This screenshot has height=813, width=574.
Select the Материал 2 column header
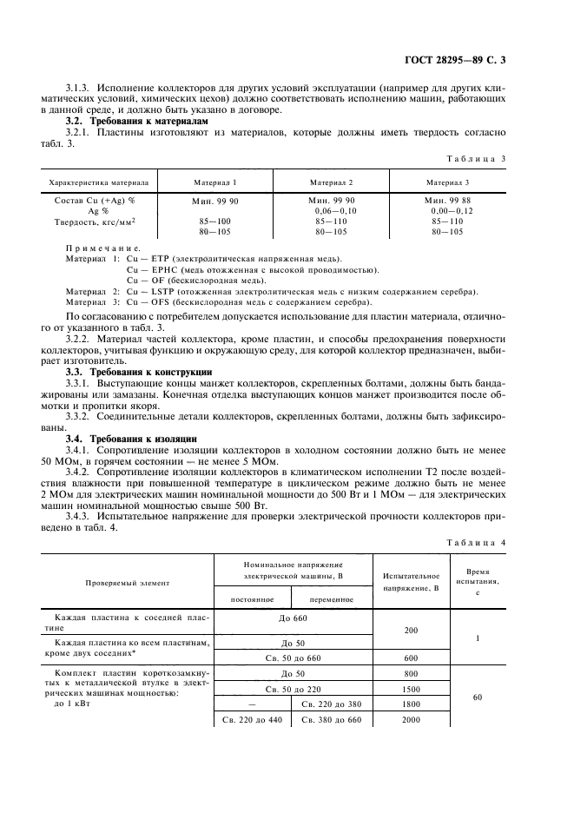point(332,182)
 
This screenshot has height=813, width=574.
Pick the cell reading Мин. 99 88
point(448,200)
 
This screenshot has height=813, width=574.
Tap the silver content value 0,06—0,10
point(335,211)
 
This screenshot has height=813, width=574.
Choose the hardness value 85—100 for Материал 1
point(214,222)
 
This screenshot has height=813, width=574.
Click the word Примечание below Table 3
point(102,248)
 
